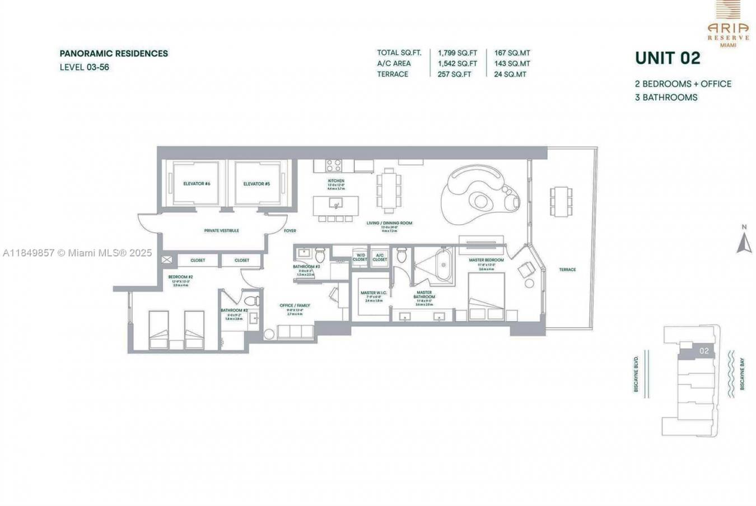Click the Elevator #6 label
point(197,184)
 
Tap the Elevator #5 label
point(256,184)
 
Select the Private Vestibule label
point(222,231)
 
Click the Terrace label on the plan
point(567,270)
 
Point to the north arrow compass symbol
point(744,240)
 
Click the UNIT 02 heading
point(668,58)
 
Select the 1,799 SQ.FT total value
point(458,53)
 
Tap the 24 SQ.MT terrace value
point(510,74)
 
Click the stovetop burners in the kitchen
point(334,165)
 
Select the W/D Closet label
point(360,257)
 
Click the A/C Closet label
point(380,257)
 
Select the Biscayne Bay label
point(742,374)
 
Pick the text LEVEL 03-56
point(85,67)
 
